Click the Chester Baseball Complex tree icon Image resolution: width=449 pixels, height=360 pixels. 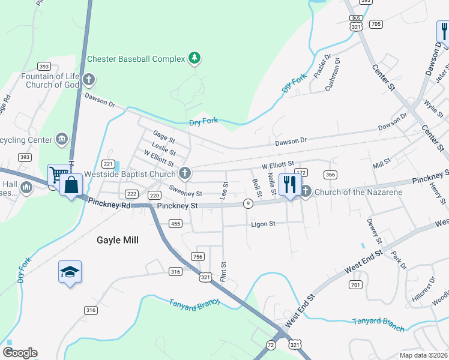194,58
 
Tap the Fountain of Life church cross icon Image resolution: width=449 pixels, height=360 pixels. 88,79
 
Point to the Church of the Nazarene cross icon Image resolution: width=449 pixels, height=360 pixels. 306,192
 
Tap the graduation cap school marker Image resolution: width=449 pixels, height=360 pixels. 70,272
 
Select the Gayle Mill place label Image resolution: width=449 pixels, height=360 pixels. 118,240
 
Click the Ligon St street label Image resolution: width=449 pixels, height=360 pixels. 264,224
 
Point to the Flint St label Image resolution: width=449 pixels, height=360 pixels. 223,272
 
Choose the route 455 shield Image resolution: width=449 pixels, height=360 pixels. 175,224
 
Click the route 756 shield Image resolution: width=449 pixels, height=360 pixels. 197,257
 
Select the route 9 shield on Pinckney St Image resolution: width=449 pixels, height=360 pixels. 247,205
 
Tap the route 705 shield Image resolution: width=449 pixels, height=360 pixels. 376,25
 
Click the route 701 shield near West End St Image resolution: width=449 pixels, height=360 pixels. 355,284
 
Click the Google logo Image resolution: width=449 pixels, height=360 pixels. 20,353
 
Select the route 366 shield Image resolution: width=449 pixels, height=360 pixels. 330,175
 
